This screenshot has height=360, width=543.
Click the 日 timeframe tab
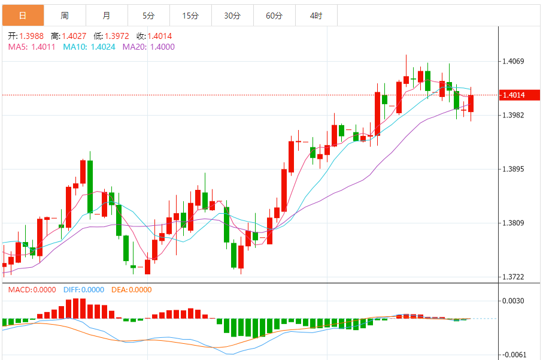tap(23, 16)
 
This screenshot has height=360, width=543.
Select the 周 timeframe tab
tap(65, 16)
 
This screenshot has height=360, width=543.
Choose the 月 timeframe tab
tap(106, 16)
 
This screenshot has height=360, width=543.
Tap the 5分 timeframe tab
tap(148, 16)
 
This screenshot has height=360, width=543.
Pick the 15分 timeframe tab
tap(190, 16)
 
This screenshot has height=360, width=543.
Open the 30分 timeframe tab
tap(232, 16)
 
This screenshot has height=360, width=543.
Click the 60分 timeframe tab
tap(274, 16)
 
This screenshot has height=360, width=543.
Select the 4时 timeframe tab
tap(316, 16)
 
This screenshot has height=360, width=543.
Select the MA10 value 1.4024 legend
tap(90, 47)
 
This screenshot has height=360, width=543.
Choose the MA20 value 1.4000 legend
tap(149, 47)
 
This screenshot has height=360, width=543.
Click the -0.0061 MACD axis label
tap(514, 355)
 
